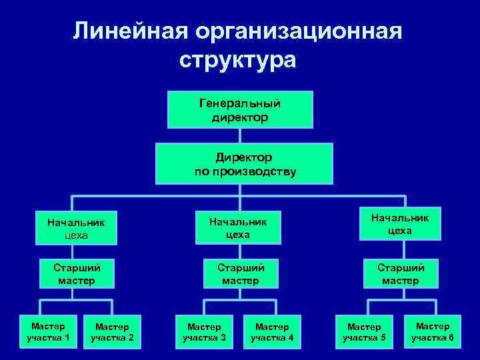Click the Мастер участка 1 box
(48, 331)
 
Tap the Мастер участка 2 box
(112, 331)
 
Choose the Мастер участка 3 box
(204, 331)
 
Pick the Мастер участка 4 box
(272, 331)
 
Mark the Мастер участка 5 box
(364, 331)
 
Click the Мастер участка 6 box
(432, 331)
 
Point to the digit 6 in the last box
(451, 337)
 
